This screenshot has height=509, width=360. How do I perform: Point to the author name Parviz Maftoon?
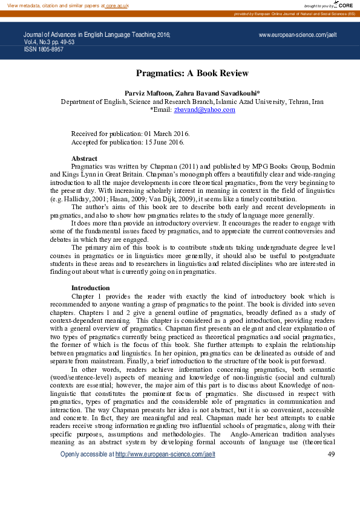148,94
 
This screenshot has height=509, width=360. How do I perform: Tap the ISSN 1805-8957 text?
44,49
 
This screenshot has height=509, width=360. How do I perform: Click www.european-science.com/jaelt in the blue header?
298,36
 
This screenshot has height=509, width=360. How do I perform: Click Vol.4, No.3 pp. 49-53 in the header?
49,42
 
